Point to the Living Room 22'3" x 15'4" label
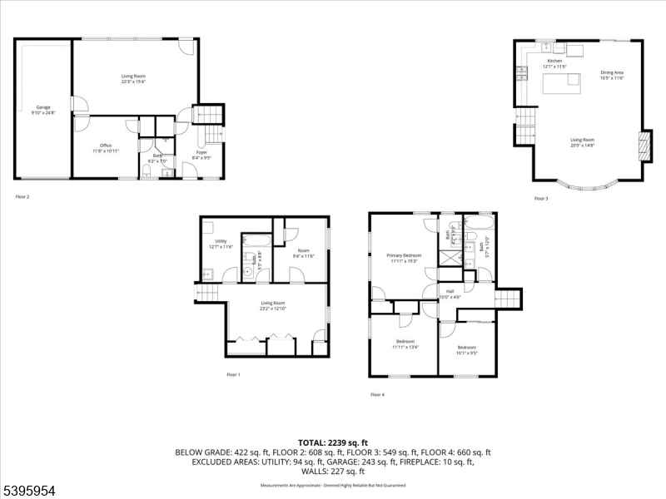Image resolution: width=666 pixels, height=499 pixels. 133,78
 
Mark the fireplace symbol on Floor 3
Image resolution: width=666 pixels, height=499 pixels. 641,146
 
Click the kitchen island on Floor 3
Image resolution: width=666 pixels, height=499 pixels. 563,83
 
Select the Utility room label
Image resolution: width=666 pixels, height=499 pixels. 221,244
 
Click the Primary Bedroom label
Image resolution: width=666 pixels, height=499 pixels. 403,258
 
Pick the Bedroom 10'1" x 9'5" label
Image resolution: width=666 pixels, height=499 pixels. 466,349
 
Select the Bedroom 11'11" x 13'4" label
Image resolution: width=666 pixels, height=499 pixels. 405,344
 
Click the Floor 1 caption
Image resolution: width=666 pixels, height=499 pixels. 233,375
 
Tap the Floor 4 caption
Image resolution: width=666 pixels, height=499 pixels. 377,394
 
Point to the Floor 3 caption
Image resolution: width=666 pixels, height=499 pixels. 541,199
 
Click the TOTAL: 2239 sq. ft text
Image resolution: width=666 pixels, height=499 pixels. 333,442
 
